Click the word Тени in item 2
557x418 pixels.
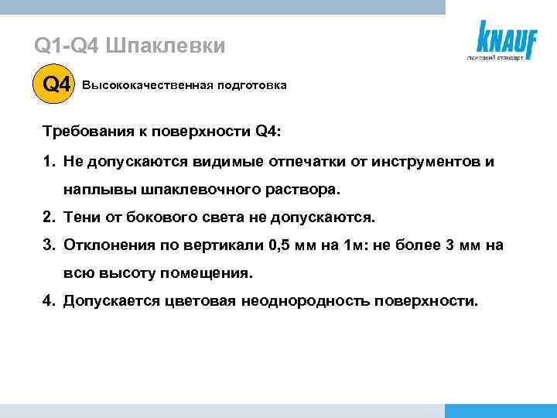tap(80, 218)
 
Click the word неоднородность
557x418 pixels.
tap(303, 301)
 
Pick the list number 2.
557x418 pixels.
tap(47, 218)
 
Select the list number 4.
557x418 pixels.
tap(47, 301)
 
